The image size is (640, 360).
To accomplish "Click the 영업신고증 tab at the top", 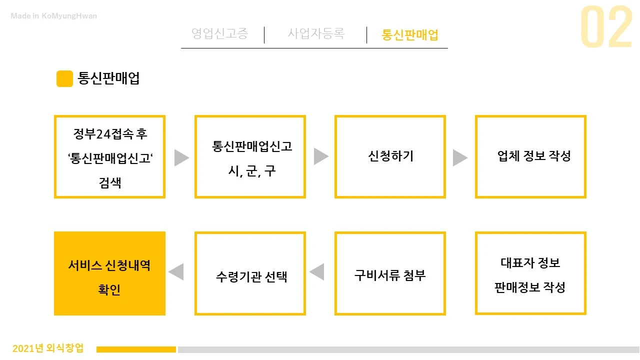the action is tap(220, 34).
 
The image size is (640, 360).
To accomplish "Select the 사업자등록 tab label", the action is tap(316, 34).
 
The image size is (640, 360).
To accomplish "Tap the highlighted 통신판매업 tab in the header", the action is tap(410, 34).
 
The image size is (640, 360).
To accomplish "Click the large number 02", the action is tap(606, 28).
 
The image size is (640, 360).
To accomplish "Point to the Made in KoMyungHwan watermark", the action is tap(54, 16).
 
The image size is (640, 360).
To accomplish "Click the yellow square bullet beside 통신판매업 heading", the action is tap(64, 79).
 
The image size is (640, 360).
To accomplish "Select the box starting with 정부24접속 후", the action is tap(109, 156).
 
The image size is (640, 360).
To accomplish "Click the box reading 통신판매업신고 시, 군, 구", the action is tap(250, 156).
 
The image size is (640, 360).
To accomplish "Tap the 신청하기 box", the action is tap(390, 156).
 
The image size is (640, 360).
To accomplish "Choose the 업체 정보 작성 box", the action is tap(530, 156).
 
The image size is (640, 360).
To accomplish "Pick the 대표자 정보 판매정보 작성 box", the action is tap(530, 273).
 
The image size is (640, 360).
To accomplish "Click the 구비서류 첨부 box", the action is tap(390, 273).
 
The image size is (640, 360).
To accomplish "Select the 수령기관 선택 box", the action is tap(250, 273).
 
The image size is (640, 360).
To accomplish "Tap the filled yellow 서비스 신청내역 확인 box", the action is tap(109, 273).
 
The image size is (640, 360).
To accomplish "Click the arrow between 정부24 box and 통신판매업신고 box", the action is tap(181, 157).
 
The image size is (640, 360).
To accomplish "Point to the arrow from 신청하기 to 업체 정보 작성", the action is tap(459, 157).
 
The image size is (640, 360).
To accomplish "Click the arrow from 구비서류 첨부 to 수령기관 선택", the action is tap(317, 272).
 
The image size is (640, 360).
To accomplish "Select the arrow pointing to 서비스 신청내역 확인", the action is tap(176, 272).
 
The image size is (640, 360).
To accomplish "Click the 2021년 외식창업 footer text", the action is tap(48, 348).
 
